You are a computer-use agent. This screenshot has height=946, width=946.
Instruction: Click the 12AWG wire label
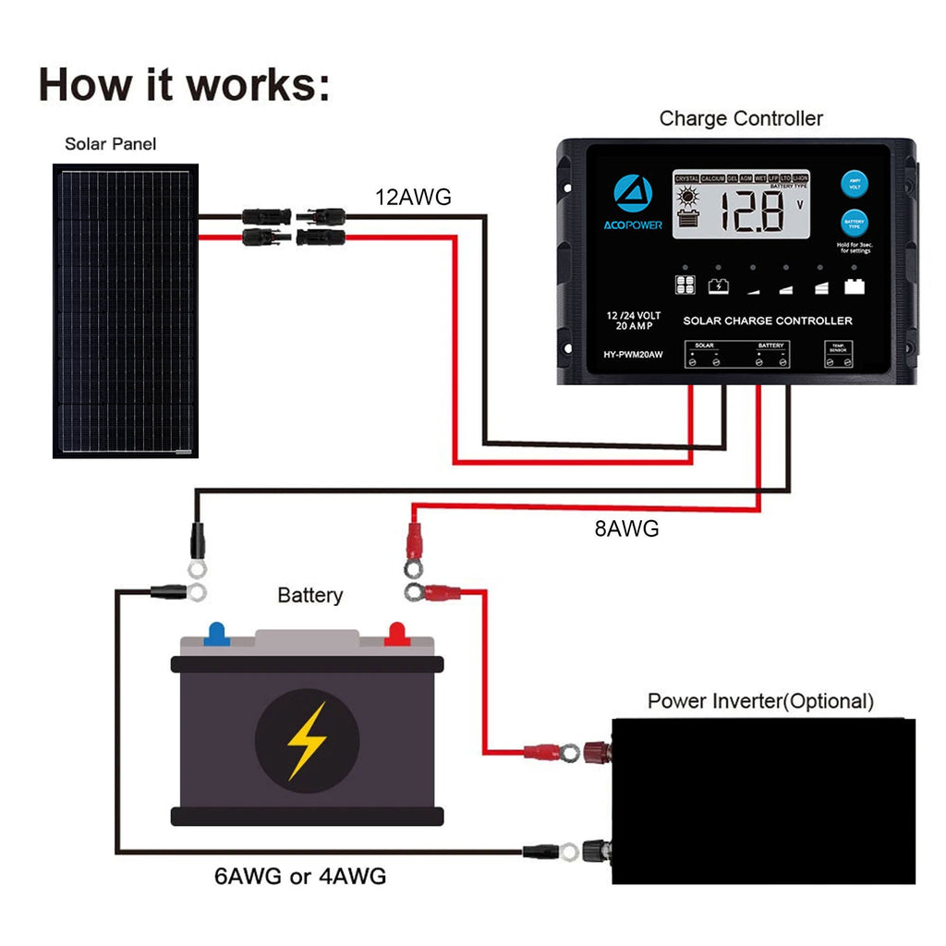413,197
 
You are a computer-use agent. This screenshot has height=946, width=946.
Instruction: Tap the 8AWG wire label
627,529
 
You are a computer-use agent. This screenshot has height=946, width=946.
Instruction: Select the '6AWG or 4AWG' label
300,876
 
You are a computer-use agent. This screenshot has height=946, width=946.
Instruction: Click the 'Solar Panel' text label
110,144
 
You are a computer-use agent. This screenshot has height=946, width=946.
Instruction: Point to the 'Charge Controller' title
741,118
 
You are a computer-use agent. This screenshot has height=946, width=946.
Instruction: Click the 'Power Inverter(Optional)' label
760,701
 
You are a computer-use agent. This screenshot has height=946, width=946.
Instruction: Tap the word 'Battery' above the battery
309,596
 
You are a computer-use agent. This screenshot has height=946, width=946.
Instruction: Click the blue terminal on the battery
217,634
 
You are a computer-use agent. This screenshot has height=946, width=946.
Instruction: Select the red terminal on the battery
395,634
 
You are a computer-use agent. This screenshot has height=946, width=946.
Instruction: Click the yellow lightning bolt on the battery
307,740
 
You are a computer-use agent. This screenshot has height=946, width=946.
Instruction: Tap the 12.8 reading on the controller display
752,212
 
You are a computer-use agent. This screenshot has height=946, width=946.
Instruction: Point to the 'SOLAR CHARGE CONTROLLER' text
767,321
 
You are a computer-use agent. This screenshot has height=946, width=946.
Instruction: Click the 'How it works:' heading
184,84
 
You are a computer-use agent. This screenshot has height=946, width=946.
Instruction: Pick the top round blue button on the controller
855,184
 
